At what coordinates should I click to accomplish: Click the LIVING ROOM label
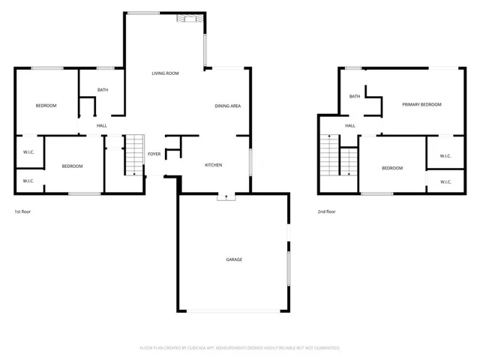pos(165,73)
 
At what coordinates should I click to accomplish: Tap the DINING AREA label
pos(227,106)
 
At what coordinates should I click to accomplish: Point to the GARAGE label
pos(234,259)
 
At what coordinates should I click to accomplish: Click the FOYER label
pos(154,154)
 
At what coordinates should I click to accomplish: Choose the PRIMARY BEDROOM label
pos(421,104)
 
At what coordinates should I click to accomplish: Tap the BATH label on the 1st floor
pos(103,90)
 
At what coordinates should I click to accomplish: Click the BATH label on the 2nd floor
pos(354,96)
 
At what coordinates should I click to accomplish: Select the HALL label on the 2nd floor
pos(350,125)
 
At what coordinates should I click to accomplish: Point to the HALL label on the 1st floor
pos(102,125)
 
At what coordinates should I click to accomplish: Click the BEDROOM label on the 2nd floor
pos(392,168)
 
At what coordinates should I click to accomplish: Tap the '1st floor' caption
pos(23,211)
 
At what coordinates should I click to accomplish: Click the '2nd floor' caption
pos(326,211)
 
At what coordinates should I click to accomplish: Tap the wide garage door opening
pos(232,311)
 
